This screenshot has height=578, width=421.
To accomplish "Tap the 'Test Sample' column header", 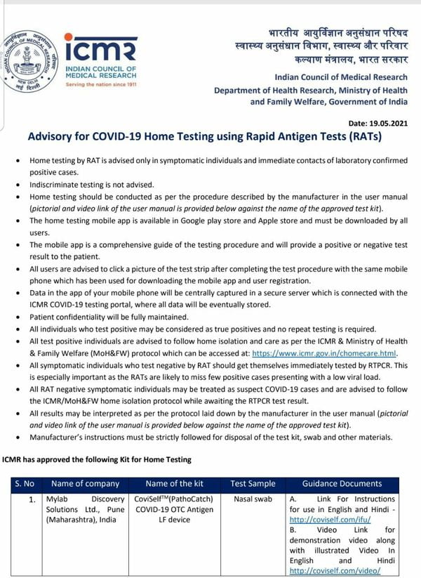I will [253, 483].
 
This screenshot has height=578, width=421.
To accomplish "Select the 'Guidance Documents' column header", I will [342, 483].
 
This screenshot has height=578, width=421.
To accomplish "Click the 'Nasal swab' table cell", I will [253, 499].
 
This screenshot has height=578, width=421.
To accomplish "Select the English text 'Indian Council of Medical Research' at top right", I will [340, 77].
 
